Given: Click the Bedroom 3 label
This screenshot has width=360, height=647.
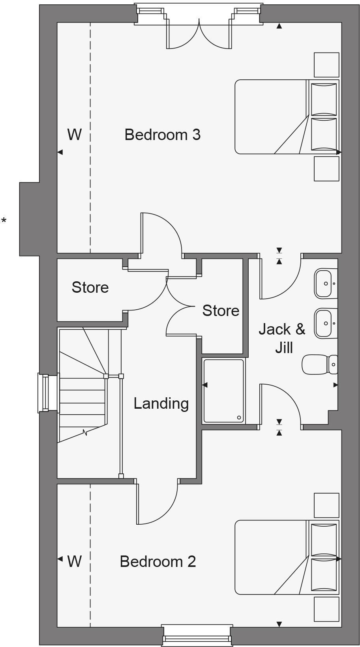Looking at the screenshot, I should (x=162, y=135).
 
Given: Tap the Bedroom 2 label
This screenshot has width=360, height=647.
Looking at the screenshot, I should (x=157, y=561).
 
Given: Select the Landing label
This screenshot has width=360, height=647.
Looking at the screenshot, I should (x=161, y=403).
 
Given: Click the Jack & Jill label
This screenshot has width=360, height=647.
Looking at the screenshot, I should (x=282, y=338).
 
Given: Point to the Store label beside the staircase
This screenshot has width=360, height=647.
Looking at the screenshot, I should (x=90, y=287).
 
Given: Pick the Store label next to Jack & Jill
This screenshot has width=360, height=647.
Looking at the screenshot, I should (x=221, y=310).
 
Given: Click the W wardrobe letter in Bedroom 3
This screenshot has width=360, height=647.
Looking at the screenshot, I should (x=74, y=135).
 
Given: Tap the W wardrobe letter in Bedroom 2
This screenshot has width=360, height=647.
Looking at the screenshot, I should (x=74, y=561).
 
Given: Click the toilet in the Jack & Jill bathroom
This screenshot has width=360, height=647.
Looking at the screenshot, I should (x=320, y=364).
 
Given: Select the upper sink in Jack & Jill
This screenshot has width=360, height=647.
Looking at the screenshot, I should (x=326, y=283).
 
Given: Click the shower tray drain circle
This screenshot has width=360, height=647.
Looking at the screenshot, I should (x=239, y=417).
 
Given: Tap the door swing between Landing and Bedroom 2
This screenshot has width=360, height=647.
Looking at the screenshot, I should (x=158, y=503).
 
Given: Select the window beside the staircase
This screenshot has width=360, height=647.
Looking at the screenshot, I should (x=49, y=393).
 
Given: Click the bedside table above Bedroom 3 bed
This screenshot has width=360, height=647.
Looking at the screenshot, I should (x=326, y=65).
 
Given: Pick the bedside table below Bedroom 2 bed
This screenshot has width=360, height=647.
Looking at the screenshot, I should (x=326, y=609).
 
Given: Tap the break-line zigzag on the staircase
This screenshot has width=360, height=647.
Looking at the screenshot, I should (x=84, y=432).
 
